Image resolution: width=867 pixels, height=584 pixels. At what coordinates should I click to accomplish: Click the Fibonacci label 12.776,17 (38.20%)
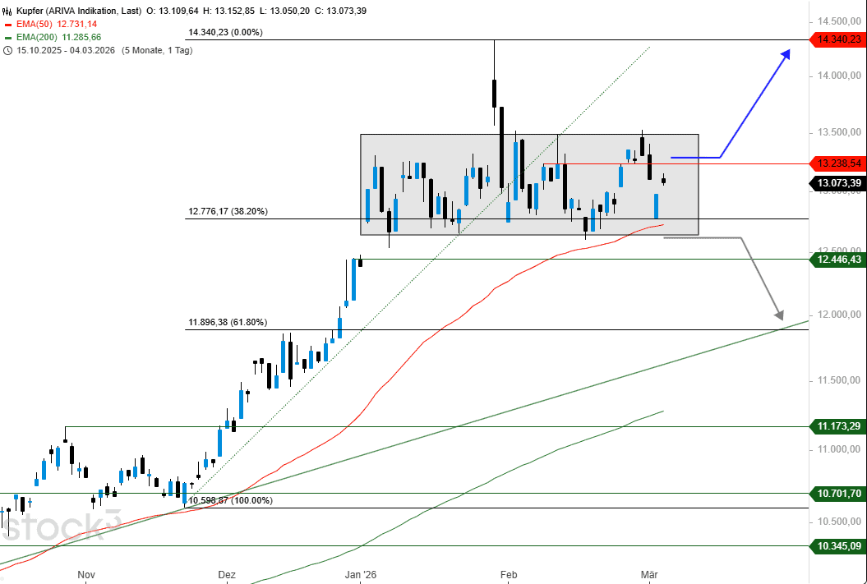(228, 211)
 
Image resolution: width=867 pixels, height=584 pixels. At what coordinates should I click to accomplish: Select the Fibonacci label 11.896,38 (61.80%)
(228, 323)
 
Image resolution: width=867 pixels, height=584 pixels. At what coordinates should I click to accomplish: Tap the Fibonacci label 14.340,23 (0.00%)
(225, 32)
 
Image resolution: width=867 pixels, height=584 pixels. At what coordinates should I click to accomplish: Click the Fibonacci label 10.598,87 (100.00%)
(230, 500)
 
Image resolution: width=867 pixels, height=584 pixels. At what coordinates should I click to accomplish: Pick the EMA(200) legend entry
(59, 37)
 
